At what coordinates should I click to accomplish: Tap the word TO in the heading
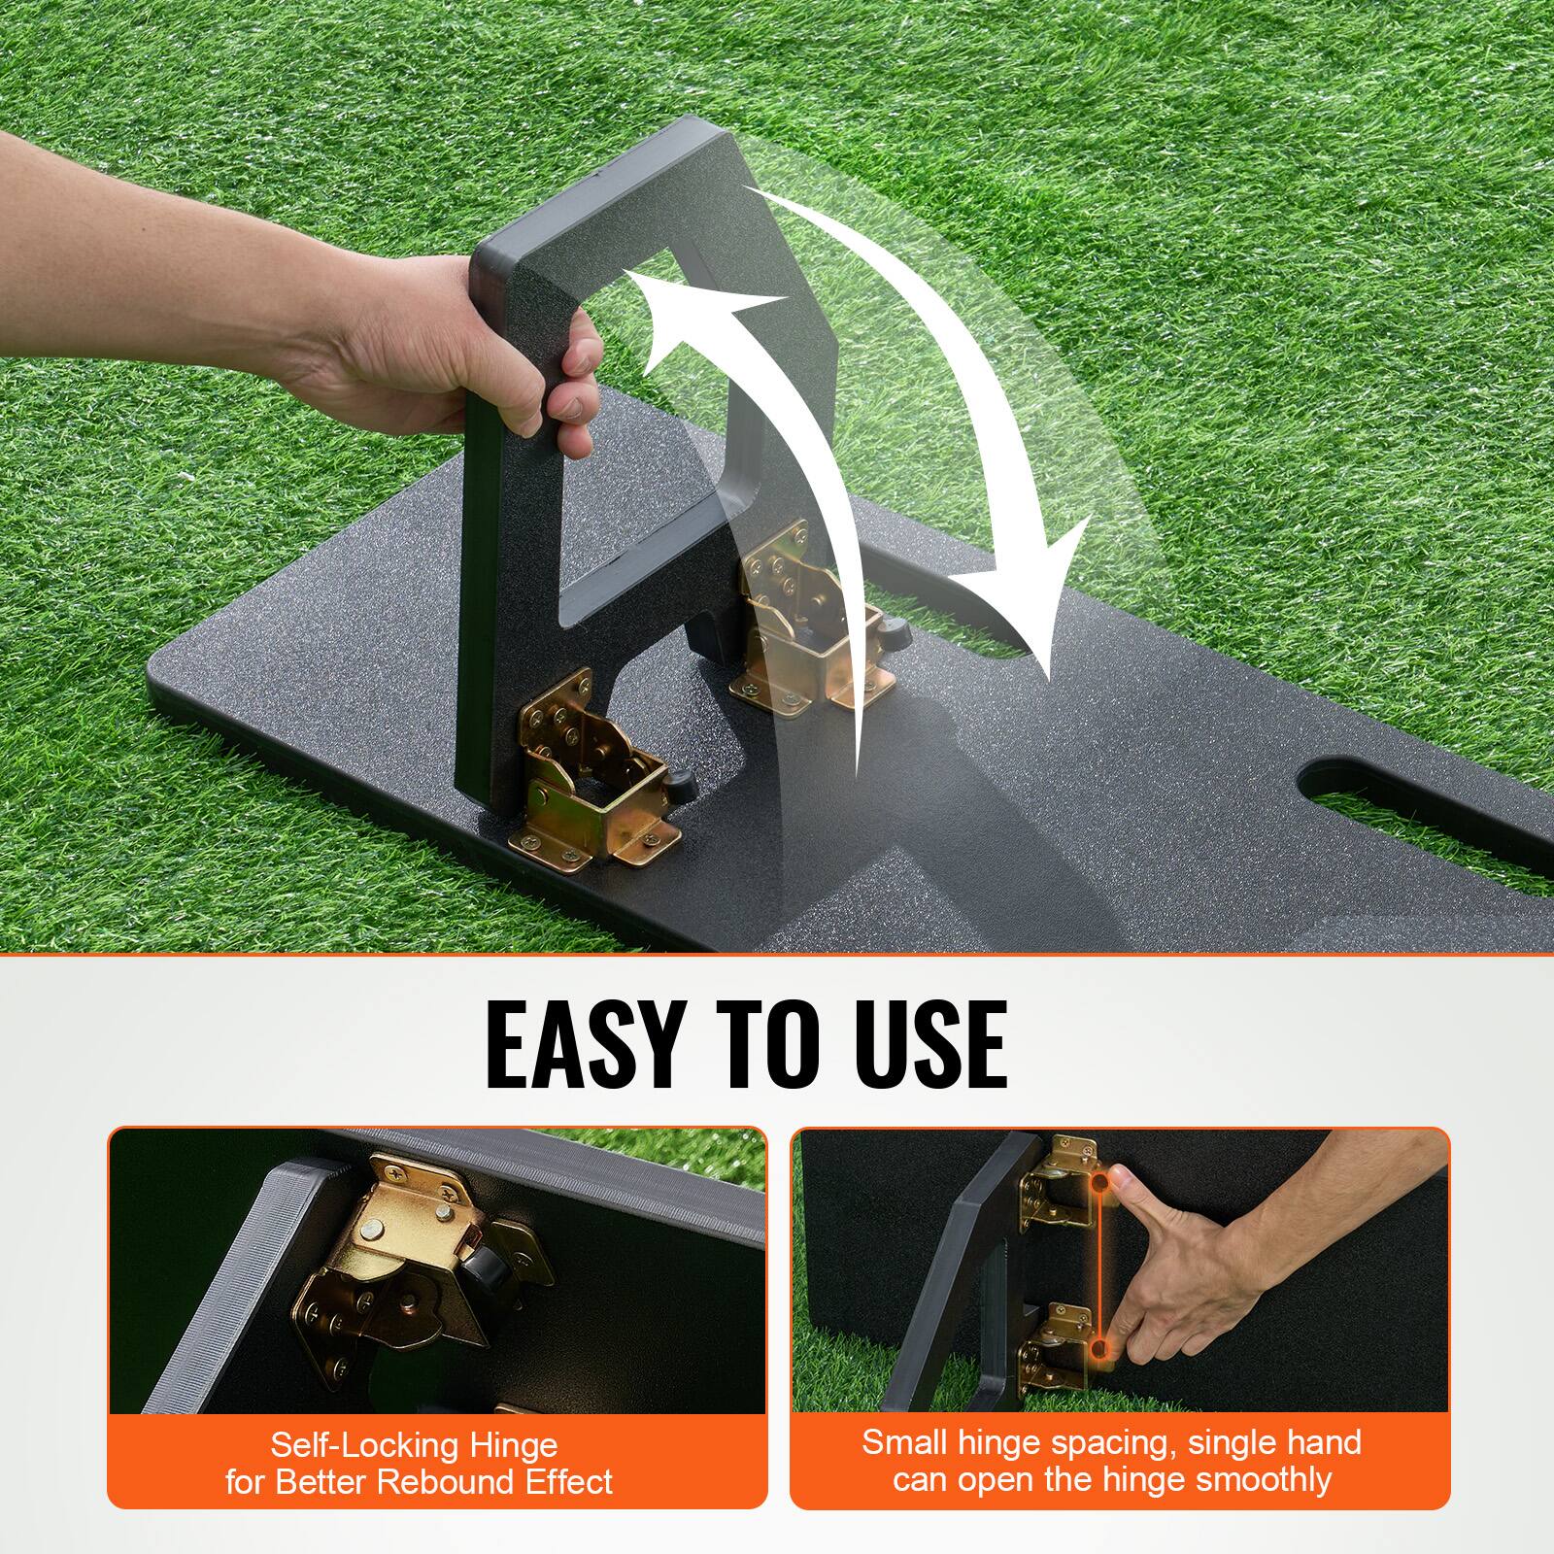(750, 1043)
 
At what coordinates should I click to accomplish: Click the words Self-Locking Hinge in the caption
(415, 1446)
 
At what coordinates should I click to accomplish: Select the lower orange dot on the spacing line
(1099, 1351)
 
